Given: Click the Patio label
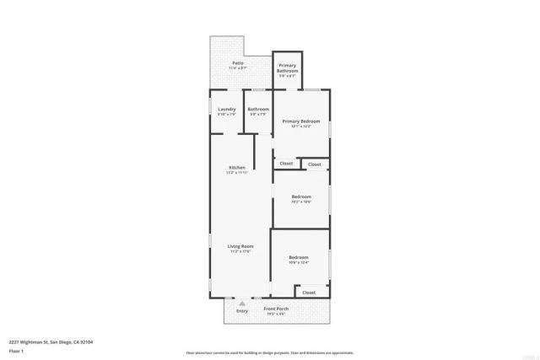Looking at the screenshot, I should (x=239, y=63).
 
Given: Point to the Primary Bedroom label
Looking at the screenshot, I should (x=301, y=121).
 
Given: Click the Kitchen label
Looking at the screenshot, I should (x=237, y=168).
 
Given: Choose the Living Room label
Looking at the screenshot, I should (x=241, y=246).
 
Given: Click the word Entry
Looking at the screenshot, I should (x=242, y=309).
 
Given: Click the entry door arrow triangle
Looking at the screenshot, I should (x=242, y=302).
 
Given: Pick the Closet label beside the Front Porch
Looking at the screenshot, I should (x=309, y=293).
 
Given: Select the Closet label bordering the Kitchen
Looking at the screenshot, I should (x=286, y=164).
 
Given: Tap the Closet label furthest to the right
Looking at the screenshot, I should (x=314, y=164).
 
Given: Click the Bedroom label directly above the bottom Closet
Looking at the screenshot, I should (x=299, y=257).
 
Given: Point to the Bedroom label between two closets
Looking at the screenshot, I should (x=301, y=197).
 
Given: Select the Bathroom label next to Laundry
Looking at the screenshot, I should (x=258, y=110).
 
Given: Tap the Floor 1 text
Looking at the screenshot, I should (x=16, y=351).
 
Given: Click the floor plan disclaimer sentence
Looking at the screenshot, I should (x=270, y=353).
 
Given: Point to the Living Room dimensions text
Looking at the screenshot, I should (x=241, y=252).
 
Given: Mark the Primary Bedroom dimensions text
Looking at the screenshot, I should (x=301, y=127).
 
